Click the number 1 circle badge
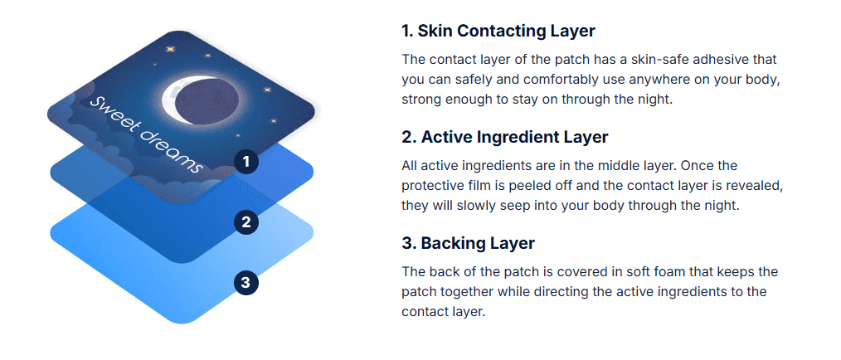(246, 162)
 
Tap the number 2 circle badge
(246, 222)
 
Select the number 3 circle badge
(246, 282)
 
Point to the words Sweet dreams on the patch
(146, 134)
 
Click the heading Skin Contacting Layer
(498, 32)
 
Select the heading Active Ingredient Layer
(505, 138)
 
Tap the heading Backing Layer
(469, 243)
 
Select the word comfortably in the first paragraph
(557, 80)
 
